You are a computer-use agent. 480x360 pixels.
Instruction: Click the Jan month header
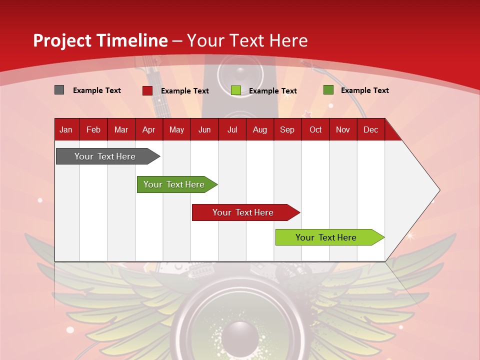66,129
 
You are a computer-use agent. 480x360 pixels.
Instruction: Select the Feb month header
93,129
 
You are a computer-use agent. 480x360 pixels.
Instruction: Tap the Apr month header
148,129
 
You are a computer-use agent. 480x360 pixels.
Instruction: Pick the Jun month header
204,129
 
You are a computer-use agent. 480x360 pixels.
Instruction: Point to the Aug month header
259,129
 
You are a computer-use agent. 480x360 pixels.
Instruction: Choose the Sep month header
287,129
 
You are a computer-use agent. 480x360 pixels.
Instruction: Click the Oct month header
315,129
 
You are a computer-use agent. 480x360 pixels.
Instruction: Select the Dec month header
370,129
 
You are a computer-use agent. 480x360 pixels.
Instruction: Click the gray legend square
59,90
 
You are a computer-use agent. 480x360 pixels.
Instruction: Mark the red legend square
147,90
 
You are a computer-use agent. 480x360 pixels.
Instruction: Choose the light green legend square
236,90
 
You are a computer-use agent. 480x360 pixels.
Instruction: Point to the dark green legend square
328,90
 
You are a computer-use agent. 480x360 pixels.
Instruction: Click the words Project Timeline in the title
100,40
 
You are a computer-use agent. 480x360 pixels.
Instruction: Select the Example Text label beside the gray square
97,90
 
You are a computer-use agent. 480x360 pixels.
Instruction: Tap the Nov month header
343,129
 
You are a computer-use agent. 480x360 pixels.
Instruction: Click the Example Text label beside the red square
185,91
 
